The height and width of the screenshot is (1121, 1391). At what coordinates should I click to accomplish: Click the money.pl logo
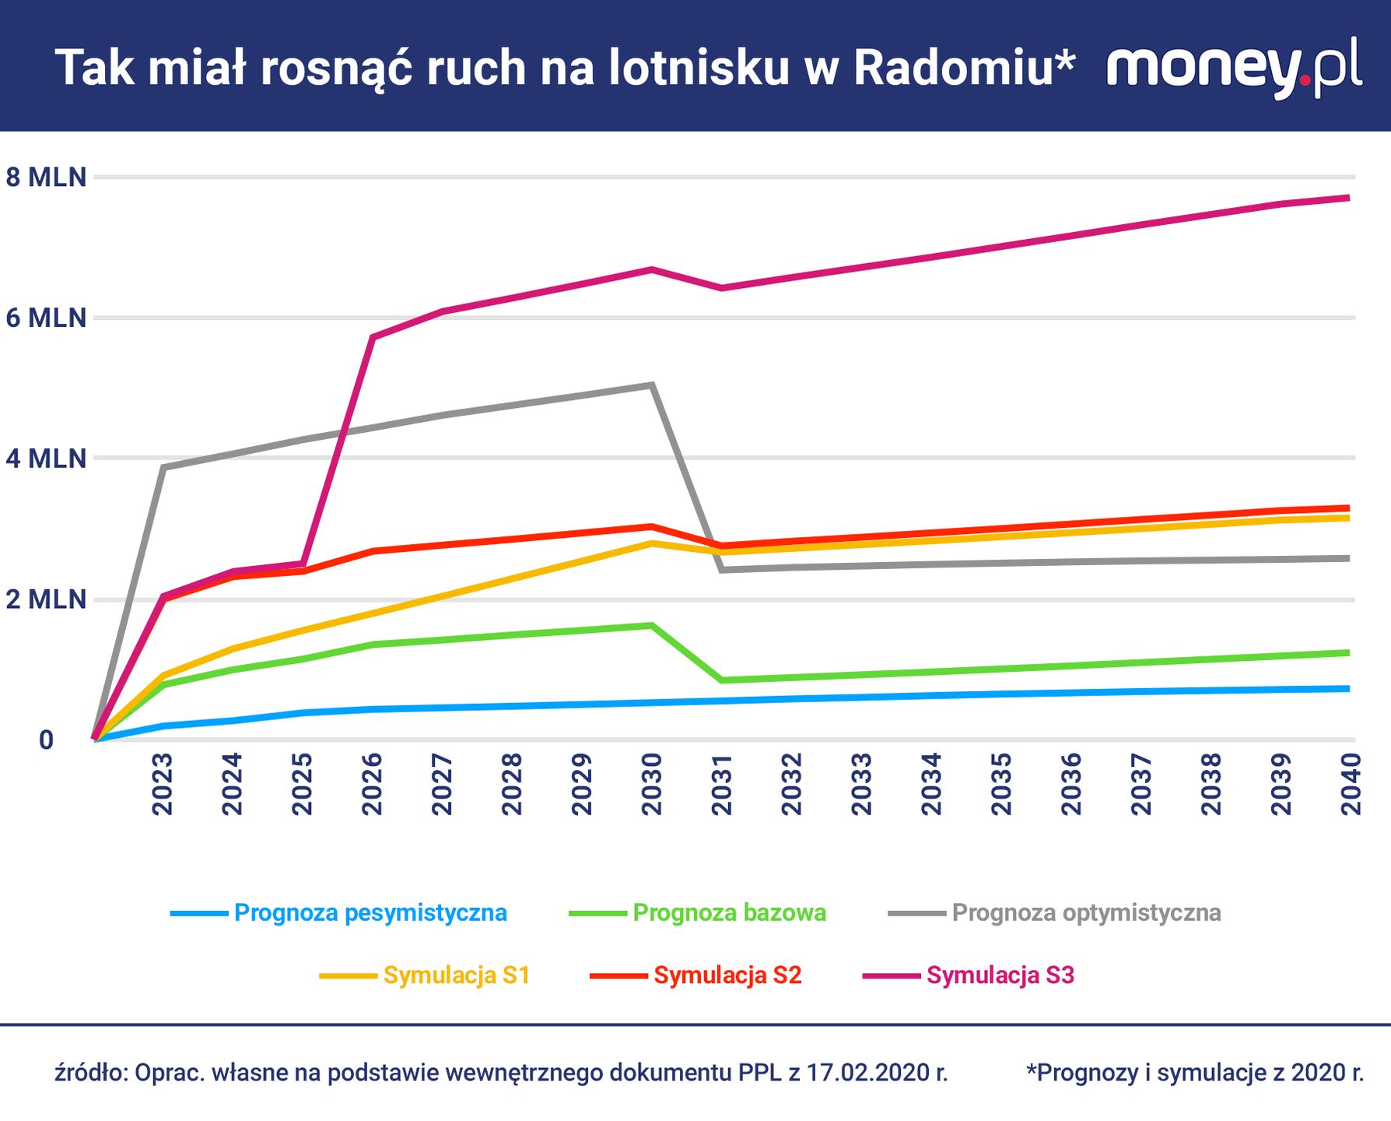(1234, 66)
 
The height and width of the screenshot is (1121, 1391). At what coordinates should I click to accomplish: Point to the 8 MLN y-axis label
(46, 177)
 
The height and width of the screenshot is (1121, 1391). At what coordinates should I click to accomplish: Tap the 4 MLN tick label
(46, 459)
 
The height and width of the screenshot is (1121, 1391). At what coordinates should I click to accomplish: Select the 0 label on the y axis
(46, 740)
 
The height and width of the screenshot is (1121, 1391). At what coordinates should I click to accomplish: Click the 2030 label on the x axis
(652, 784)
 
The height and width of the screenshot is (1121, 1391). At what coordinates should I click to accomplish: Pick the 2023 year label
(162, 784)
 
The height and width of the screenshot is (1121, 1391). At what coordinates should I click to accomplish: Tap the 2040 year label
(1351, 784)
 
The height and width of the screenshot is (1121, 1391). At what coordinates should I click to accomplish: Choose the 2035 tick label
(1001, 784)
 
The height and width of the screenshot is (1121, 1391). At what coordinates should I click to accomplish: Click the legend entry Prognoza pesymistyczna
(370, 912)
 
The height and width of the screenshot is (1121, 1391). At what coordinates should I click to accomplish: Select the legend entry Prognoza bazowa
(729, 912)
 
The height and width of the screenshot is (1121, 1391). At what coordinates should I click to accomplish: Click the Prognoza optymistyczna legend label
(1086, 912)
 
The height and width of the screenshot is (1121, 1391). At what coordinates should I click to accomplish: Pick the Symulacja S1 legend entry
(457, 975)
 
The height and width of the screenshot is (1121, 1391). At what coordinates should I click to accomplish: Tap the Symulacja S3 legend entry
(1000, 975)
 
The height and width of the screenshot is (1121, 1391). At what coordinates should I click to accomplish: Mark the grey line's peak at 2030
(652, 385)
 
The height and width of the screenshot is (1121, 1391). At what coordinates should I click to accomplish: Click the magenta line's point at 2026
(373, 337)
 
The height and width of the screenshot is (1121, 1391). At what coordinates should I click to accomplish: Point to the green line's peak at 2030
(652, 625)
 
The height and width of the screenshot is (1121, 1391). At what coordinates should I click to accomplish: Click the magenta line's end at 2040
(1347, 198)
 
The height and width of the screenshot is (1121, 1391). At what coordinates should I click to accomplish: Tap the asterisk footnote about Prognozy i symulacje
(1195, 1073)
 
